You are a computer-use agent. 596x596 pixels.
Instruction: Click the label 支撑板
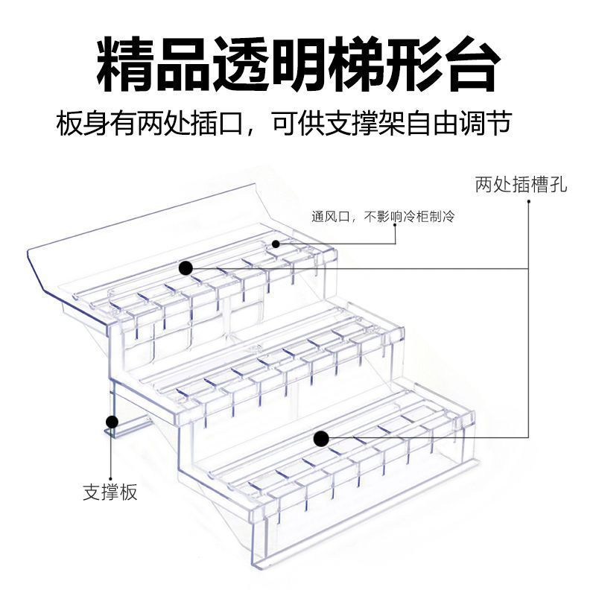pos(110,492)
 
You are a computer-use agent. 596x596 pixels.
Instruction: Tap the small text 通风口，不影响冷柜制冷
pos(383,217)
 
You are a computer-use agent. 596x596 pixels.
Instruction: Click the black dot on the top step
pos(186,267)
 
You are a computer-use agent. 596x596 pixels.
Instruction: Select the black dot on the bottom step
pos(320,439)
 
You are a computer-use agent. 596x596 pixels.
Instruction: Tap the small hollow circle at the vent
pos(276,244)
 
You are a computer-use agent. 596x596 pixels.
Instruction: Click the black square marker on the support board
pos(112,422)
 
